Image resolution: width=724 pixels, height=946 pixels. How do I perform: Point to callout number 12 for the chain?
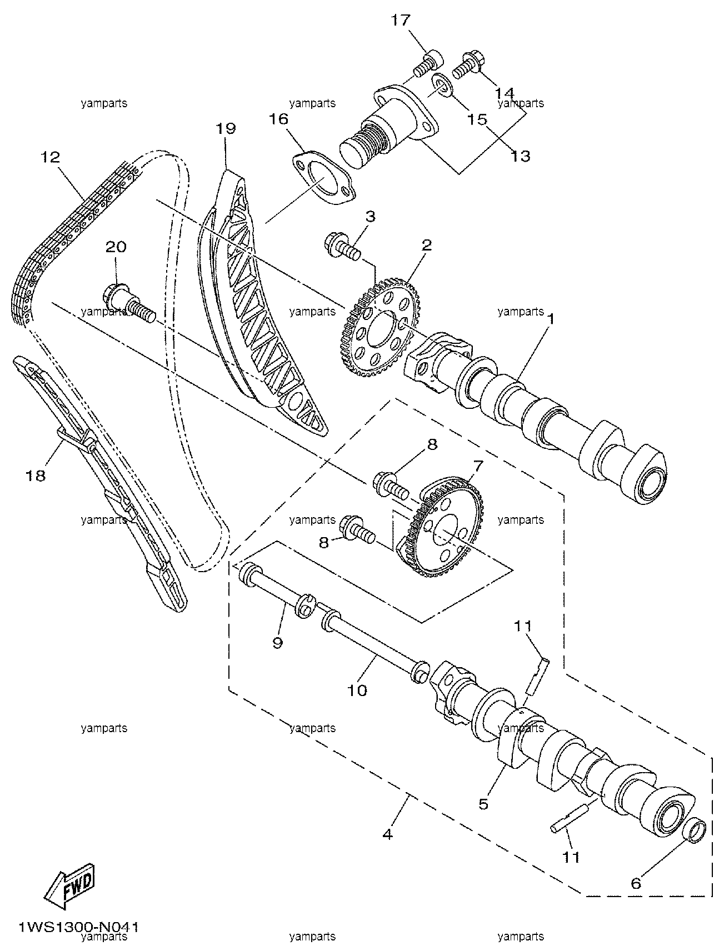(49, 157)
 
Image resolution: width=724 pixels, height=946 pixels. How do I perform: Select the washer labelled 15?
(442, 87)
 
